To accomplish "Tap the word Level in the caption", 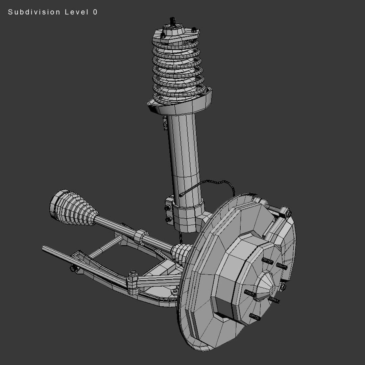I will [x=76, y=12].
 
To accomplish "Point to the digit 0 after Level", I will [x=95, y=12].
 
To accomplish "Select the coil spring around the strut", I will [x=178, y=69].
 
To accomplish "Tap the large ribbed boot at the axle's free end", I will [x=73, y=208].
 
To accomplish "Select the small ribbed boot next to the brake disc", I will [x=181, y=253].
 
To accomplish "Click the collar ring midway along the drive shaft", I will [x=141, y=236].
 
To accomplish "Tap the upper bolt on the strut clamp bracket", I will [x=168, y=208].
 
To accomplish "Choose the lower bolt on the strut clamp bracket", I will [x=169, y=219].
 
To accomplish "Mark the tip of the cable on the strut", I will [x=181, y=195].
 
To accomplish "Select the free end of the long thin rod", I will [x=44, y=248].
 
